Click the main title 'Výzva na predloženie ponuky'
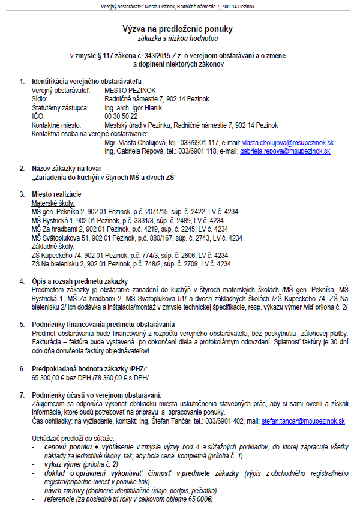(x=178, y=28)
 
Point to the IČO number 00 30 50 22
(x=121, y=116)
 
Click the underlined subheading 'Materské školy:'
(x=50, y=203)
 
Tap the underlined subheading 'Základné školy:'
(x=51, y=246)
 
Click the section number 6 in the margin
(x=22, y=369)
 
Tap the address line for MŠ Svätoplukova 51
(x=137, y=238)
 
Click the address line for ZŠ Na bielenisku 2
(x=131, y=263)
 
